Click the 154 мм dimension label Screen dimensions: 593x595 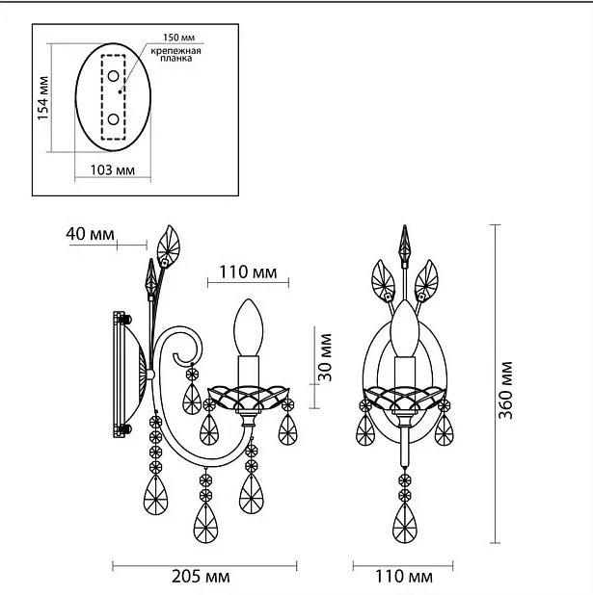(43, 98)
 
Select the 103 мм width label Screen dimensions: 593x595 (113, 169)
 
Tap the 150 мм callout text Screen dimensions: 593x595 (178, 38)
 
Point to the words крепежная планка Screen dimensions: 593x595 (176, 55)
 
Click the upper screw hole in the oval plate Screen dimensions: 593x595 (113, 76)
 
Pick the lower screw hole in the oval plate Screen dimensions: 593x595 (113, 119)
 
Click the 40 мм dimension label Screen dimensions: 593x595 (90, 234)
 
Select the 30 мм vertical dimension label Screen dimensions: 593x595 (325, 357)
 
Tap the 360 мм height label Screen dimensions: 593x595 (505, 390)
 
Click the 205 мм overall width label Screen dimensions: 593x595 (201, 577)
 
